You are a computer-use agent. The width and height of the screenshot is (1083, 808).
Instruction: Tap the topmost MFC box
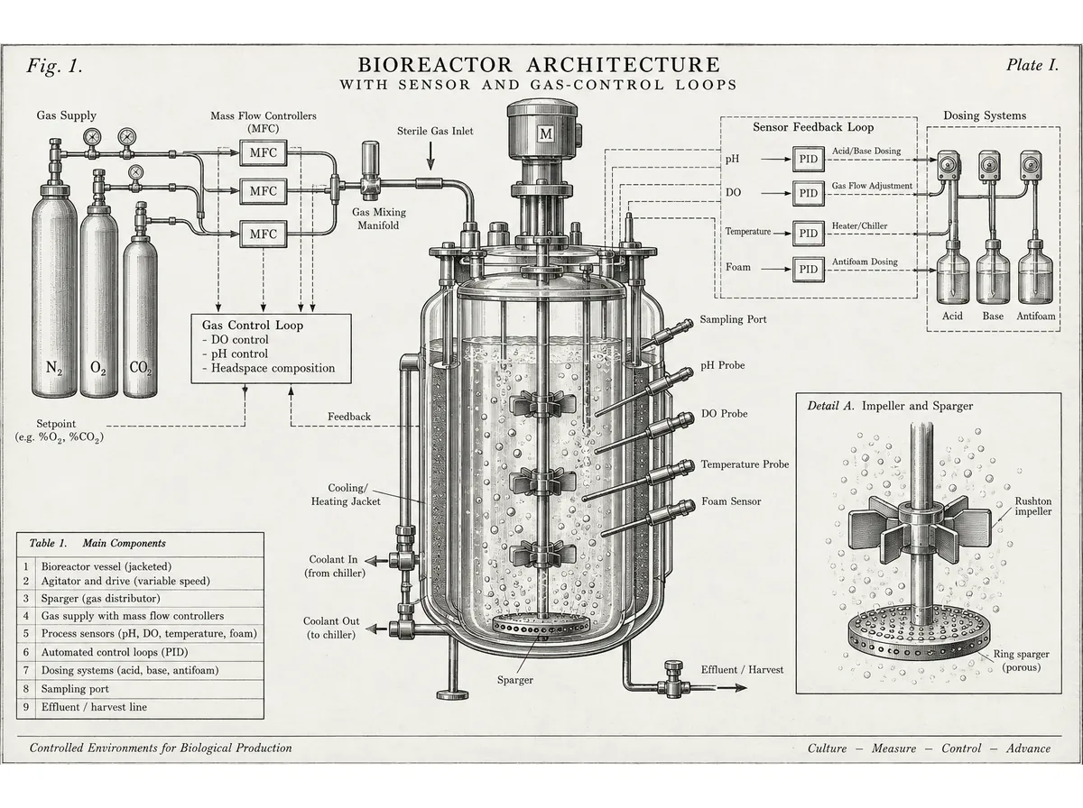[263, 152]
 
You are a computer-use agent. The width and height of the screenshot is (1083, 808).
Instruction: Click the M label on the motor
[546, 133]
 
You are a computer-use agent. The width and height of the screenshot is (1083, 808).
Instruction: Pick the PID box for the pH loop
[808, 160]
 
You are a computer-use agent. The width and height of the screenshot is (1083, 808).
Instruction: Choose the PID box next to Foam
[808, 269]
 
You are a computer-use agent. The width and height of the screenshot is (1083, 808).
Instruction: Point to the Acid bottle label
[952, 316]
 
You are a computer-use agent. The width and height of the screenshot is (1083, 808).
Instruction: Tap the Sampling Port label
[733, 319]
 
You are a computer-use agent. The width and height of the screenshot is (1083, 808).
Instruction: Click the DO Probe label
[725, 414]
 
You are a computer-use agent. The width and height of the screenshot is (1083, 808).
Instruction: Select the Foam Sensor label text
[731, 501]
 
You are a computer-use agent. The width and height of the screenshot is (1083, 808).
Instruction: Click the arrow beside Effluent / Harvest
[732, 687]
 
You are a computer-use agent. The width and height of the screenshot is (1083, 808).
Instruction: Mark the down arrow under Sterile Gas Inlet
[430, 156]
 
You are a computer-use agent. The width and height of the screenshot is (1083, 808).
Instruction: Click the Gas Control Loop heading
[252, 326]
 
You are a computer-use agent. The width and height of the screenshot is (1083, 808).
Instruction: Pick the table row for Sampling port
[140, 689]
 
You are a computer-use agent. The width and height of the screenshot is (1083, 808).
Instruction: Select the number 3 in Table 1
[26, 599]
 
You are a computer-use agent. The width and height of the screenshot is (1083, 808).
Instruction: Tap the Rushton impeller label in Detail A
[1032, 506]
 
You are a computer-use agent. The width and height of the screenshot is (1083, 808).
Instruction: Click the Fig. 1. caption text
[54, 66]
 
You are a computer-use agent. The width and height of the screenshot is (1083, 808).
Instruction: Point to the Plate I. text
[1032, 65]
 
